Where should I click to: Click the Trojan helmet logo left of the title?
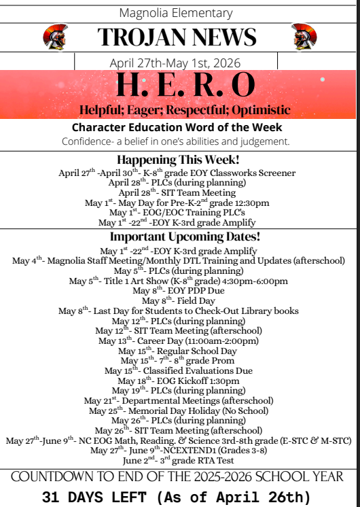coord(54,37)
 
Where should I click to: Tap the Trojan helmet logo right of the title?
coord(305,37)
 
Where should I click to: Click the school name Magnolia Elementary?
coord(179,12)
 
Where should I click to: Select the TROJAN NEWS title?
coord(179,37)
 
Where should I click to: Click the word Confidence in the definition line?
coord(87,141)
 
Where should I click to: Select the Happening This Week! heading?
coord(180,160)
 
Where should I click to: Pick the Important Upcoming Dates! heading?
coord(180,237)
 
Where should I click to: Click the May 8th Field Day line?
coord(180,300)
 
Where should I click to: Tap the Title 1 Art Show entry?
coord(180,281)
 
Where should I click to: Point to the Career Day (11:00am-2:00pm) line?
coord(180,340)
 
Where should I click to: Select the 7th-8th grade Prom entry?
coord(180,360)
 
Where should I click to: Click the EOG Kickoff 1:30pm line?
coord(180,381)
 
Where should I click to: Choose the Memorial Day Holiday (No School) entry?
coord(180,410)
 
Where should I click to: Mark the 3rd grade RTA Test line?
coord(180,460)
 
